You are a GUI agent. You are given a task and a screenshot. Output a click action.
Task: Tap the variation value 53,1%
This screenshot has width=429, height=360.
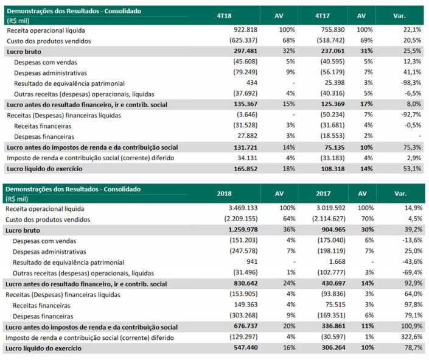(411, 169)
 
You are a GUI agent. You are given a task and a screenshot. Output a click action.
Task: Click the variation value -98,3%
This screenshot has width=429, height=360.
(411, 83)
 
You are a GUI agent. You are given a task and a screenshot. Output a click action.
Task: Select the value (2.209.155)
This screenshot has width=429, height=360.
(235, 219)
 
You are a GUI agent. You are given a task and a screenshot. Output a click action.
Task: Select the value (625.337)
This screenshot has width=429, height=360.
(239, 41)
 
